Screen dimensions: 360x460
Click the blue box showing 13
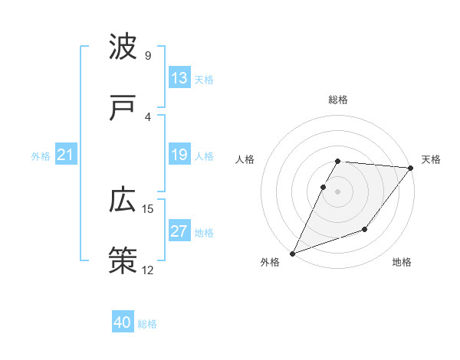tap(179, 78)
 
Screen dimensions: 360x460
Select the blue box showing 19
tap(179, 155)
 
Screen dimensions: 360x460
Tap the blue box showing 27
tap(179, 231)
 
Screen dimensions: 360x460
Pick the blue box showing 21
tap(65, 155)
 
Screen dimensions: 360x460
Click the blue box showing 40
tap(123, 323)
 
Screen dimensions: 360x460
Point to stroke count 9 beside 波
tap(148, 56)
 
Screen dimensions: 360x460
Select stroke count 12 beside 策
tap(148, 270)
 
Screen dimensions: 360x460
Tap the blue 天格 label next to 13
tap(204, 79)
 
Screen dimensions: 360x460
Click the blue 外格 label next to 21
tap(41, 156)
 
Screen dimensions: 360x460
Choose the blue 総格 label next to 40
tap(147, 324)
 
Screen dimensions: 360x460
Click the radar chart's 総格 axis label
tap(338, 100)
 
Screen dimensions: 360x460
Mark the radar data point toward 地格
tap(365, 229)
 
